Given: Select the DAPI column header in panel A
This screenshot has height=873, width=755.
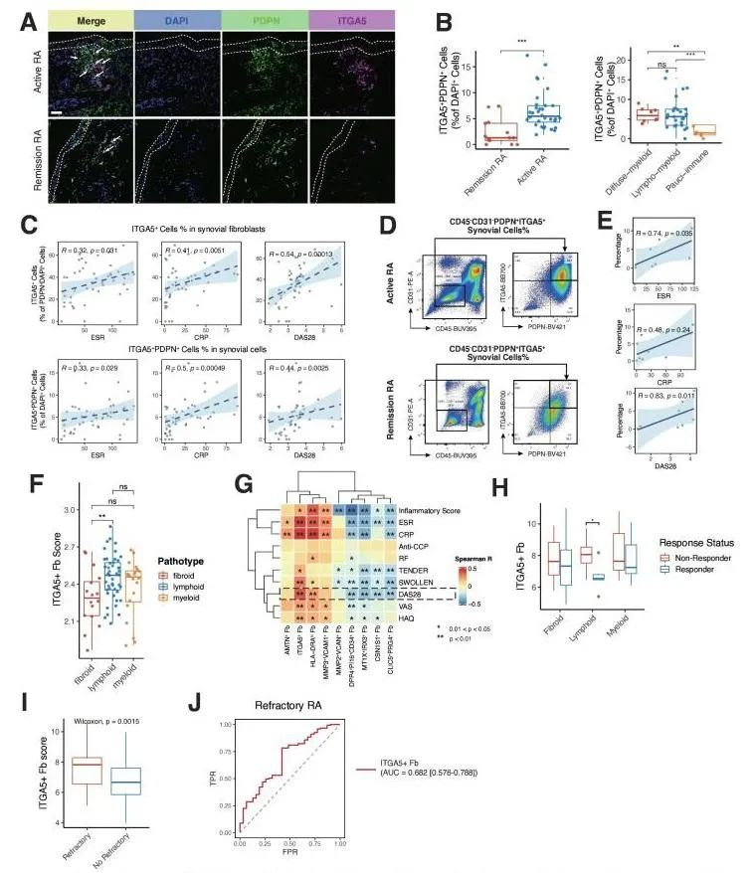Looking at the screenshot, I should [179, 19].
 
